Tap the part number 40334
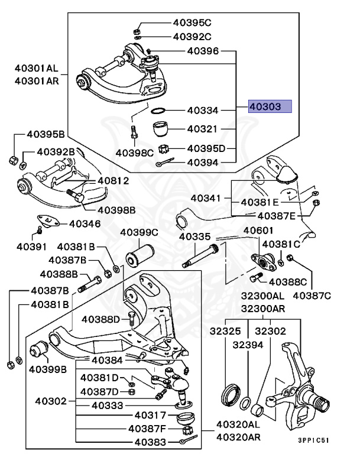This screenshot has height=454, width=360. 203,110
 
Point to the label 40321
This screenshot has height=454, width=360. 203,128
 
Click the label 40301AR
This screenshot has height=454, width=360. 37,81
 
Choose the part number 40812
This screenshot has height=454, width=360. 113,180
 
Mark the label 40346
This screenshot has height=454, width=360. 85,223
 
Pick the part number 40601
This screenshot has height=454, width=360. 259,231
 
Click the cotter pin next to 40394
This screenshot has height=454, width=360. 164,163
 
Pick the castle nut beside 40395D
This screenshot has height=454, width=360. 165,148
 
